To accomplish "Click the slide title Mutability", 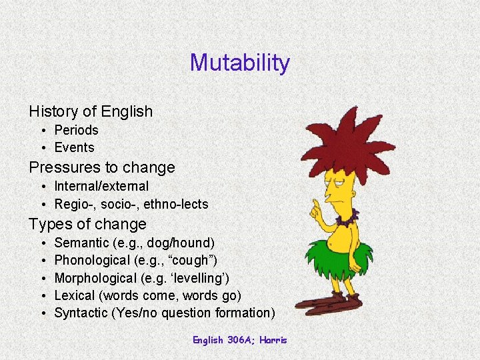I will [x=239, y=63].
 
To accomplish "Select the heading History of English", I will [x=91, y=111].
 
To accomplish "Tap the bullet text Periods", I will [x=76, y=130].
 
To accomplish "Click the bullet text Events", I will [x=74, y=147].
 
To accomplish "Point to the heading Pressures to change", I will [x=101, y=167].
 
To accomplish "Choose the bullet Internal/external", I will [x=101, y=186].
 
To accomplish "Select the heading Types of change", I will [x=87, y=224].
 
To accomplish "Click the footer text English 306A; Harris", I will [x=239, y=340].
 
